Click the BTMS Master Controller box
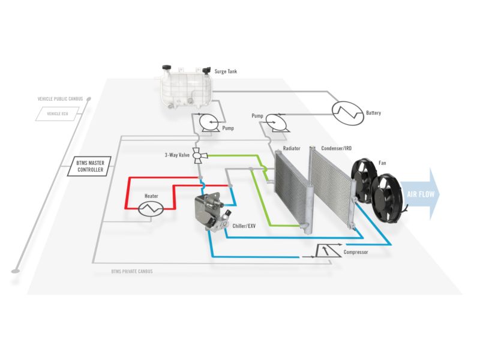coord(91,166)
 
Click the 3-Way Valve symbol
coord(200,155)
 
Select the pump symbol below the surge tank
coord(209,122)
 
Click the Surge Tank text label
coord(226,71)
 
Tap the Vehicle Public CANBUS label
coord(60,98)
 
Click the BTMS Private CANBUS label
coord(132,271)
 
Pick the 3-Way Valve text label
coord(177,155)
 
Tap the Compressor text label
coord(356,252)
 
